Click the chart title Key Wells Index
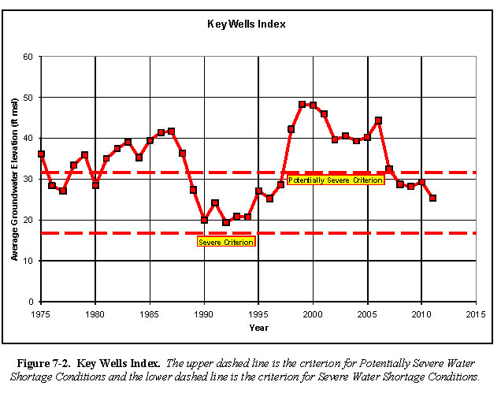coord(258,24)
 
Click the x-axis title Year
coord(259,327)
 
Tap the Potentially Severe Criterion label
coord(336,180)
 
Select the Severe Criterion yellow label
coord(226,242)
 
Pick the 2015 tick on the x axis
coord(476,314)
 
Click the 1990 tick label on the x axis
coord(204,314)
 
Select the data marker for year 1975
coord(41,154)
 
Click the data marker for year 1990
coord(204,220)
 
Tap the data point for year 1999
coord(302,104)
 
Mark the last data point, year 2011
coord(432,198)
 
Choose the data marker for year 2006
coord(378,121)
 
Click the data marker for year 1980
coord(95,185)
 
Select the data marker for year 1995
coord(258,191)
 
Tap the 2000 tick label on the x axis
coord(313,314)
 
